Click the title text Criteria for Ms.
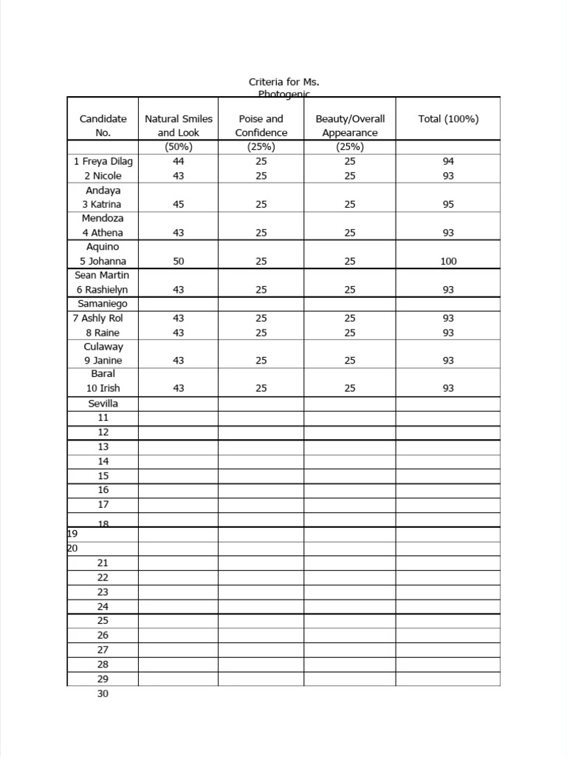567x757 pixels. tap(283, 81)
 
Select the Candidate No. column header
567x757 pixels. tap(103, 126)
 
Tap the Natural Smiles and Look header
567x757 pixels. tap(178, 126)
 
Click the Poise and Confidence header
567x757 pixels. tap(261, 126)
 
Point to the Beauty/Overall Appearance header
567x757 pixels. tap(350, 126)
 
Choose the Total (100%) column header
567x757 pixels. tap(448, 118)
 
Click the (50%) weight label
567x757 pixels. tap(178, 146)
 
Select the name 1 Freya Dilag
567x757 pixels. tap(103, 161)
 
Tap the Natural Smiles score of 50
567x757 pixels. tap(178, 261)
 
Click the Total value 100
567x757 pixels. tap(448, 261)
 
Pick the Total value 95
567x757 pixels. tap(448, 204)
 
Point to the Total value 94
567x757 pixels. tap(448, 161)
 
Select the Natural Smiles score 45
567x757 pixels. tap(178, 204)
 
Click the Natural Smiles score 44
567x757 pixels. tap(178, 161)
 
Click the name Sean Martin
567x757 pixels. tap(103, 275)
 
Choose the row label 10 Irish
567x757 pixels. tap(103, 388)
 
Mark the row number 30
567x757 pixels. tap(103, 693)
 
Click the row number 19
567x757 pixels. tap(72, 533)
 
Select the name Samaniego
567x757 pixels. tap(103, 304)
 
